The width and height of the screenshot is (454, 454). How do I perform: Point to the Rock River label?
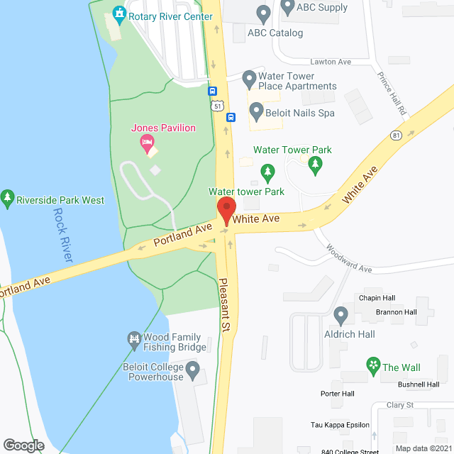(66, 236)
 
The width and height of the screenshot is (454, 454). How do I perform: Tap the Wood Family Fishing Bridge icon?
(133, 340)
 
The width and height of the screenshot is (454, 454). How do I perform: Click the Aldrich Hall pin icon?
(341, 314)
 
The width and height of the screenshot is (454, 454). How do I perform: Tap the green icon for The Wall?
(373, 365)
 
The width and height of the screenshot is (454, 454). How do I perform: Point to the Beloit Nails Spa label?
(299, 113)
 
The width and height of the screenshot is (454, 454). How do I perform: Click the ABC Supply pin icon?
(287, 8)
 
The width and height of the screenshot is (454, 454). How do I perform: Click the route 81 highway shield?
(395, 135)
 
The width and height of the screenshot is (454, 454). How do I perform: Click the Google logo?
(23, 445)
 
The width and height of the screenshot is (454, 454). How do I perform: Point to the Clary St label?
(400, 405)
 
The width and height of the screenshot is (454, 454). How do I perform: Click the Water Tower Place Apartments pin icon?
(249, 77)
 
